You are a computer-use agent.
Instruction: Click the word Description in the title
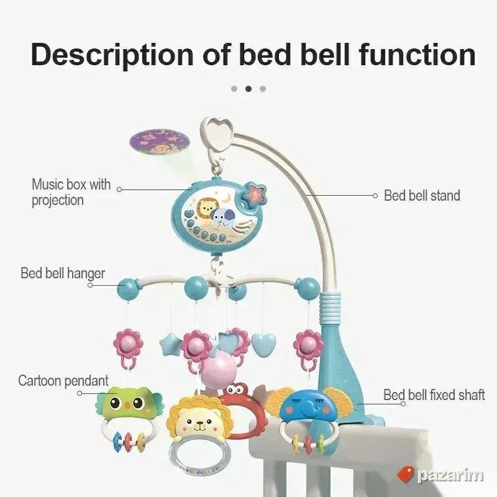coord(112,55)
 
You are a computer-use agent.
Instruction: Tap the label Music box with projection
coord(71,193)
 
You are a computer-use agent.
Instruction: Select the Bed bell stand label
coord(422,196)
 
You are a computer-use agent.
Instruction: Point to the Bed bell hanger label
coord(63,273)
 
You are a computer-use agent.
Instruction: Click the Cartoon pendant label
coord(63,381)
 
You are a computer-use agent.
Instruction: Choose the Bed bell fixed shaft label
coord(434,395)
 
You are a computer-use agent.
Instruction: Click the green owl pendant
coord(129,403)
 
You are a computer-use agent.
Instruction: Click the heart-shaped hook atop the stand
coord(217,132)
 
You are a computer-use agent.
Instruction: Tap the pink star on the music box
coord(254,193)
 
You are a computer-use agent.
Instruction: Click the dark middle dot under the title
coord(248,89)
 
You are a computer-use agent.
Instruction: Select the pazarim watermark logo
coord(440,475)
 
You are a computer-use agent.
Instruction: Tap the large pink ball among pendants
coord(219,369)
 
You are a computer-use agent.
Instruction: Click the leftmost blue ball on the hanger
coord(128,289)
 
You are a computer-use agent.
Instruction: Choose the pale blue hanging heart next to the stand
coord(263,344)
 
